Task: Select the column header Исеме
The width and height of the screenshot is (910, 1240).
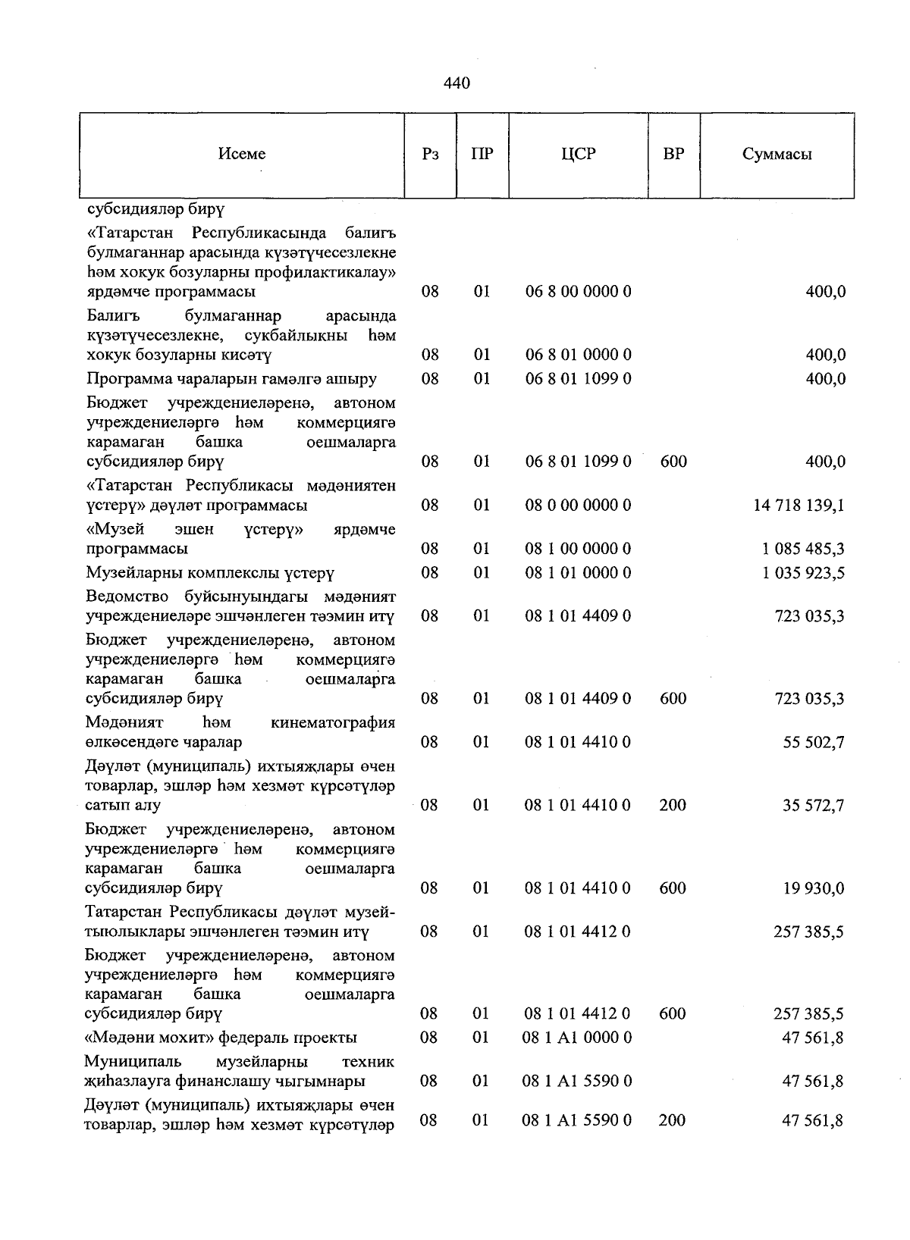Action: [x=242, y=155]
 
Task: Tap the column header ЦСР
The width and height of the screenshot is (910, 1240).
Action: [x=578, y=155]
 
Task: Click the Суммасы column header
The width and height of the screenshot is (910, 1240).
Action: [x=777, y=155]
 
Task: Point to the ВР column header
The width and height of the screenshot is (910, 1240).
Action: [x=673, y=155]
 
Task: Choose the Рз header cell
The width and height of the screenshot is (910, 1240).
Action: [x=430, y=155]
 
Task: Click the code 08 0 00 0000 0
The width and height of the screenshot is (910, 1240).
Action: [x=578, y=506]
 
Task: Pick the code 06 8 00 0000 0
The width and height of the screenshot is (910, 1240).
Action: [x=578, y=292]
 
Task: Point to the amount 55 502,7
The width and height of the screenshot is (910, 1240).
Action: [x=813, y=742]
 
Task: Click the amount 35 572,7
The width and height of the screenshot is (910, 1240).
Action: [x=813, y=806]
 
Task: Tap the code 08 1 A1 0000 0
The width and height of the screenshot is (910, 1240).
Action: [x=577, y=1038]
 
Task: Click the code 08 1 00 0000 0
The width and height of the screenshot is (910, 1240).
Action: [x=578, y=549]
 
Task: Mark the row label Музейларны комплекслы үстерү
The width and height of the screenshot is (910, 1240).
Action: [x=210, y=573]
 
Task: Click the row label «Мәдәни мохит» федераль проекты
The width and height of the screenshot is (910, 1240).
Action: [x=221, y=1038]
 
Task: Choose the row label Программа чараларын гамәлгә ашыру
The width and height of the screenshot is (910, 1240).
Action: [x=231, y=379]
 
